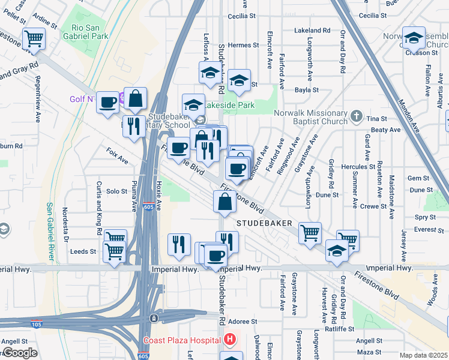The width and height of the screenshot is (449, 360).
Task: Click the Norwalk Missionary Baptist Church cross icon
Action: coord(356,115)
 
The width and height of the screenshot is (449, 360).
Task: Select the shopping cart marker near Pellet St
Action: coord(34,39)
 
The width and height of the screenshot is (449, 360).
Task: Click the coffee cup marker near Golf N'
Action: coord(107,102)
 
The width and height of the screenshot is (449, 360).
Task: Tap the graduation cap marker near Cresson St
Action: coord(414,38)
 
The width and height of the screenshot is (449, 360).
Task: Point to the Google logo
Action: coord(20,353)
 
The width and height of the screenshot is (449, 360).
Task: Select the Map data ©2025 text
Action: coord(423,355)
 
